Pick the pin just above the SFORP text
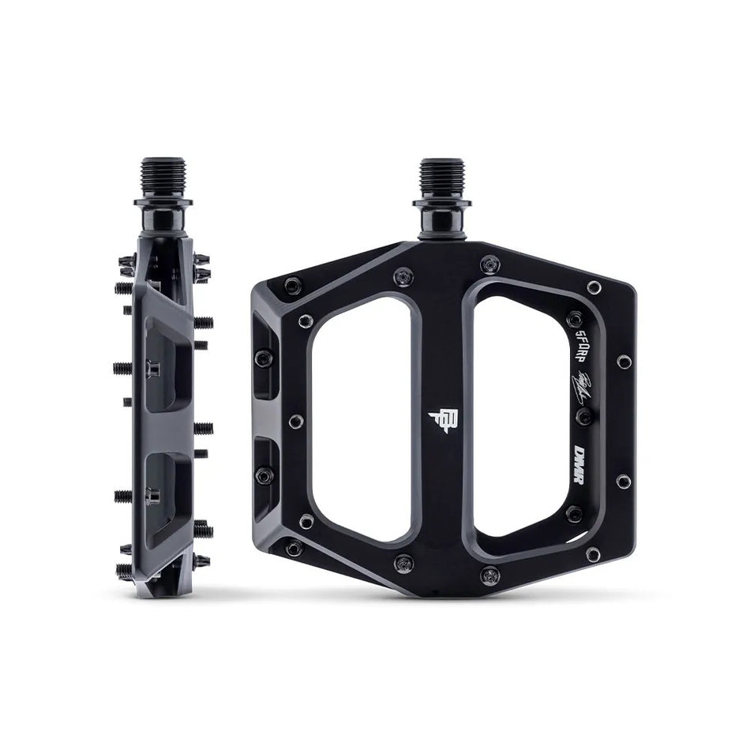[575, 318]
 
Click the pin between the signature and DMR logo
[583, 417]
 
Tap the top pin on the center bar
[403, 276]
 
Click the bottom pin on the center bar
[404, 562]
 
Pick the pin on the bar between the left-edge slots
[295, 422]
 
